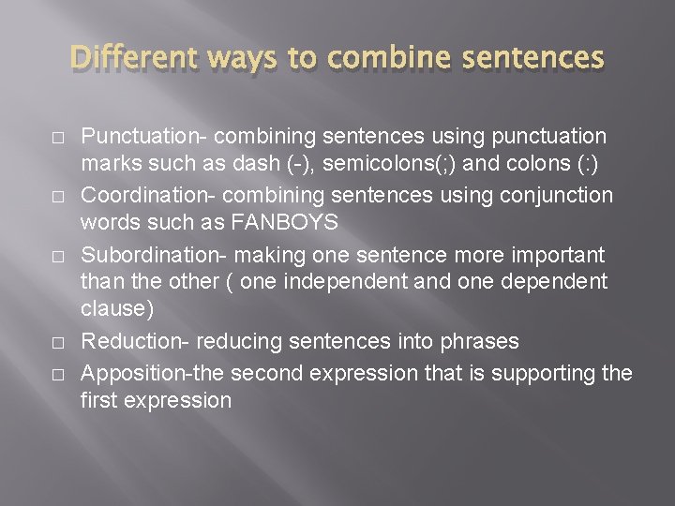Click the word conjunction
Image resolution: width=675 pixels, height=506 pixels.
click(557, 196)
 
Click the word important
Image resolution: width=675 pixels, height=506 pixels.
click(558, 255)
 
